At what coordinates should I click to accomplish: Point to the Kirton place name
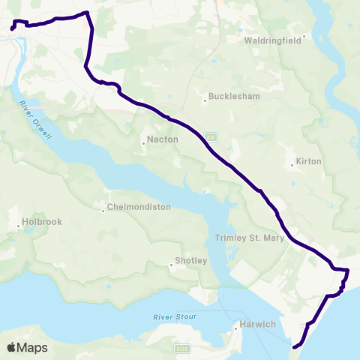[x=309, y=161]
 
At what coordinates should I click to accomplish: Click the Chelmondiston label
[x=139, y=207]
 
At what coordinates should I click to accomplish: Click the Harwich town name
[x=259, y=325]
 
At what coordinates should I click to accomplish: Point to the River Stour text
[x=175, y=317]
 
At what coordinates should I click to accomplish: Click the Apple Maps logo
[x=27, y=347]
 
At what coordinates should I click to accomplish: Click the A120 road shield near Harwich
[x=182, y=349]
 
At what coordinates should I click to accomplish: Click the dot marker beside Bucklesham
[x=205, y=98]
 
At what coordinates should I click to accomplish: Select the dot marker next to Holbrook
[x=19, y=225]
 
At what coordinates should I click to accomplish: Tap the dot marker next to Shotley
[x=171, y=264]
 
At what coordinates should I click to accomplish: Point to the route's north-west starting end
[x=12, y=29]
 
